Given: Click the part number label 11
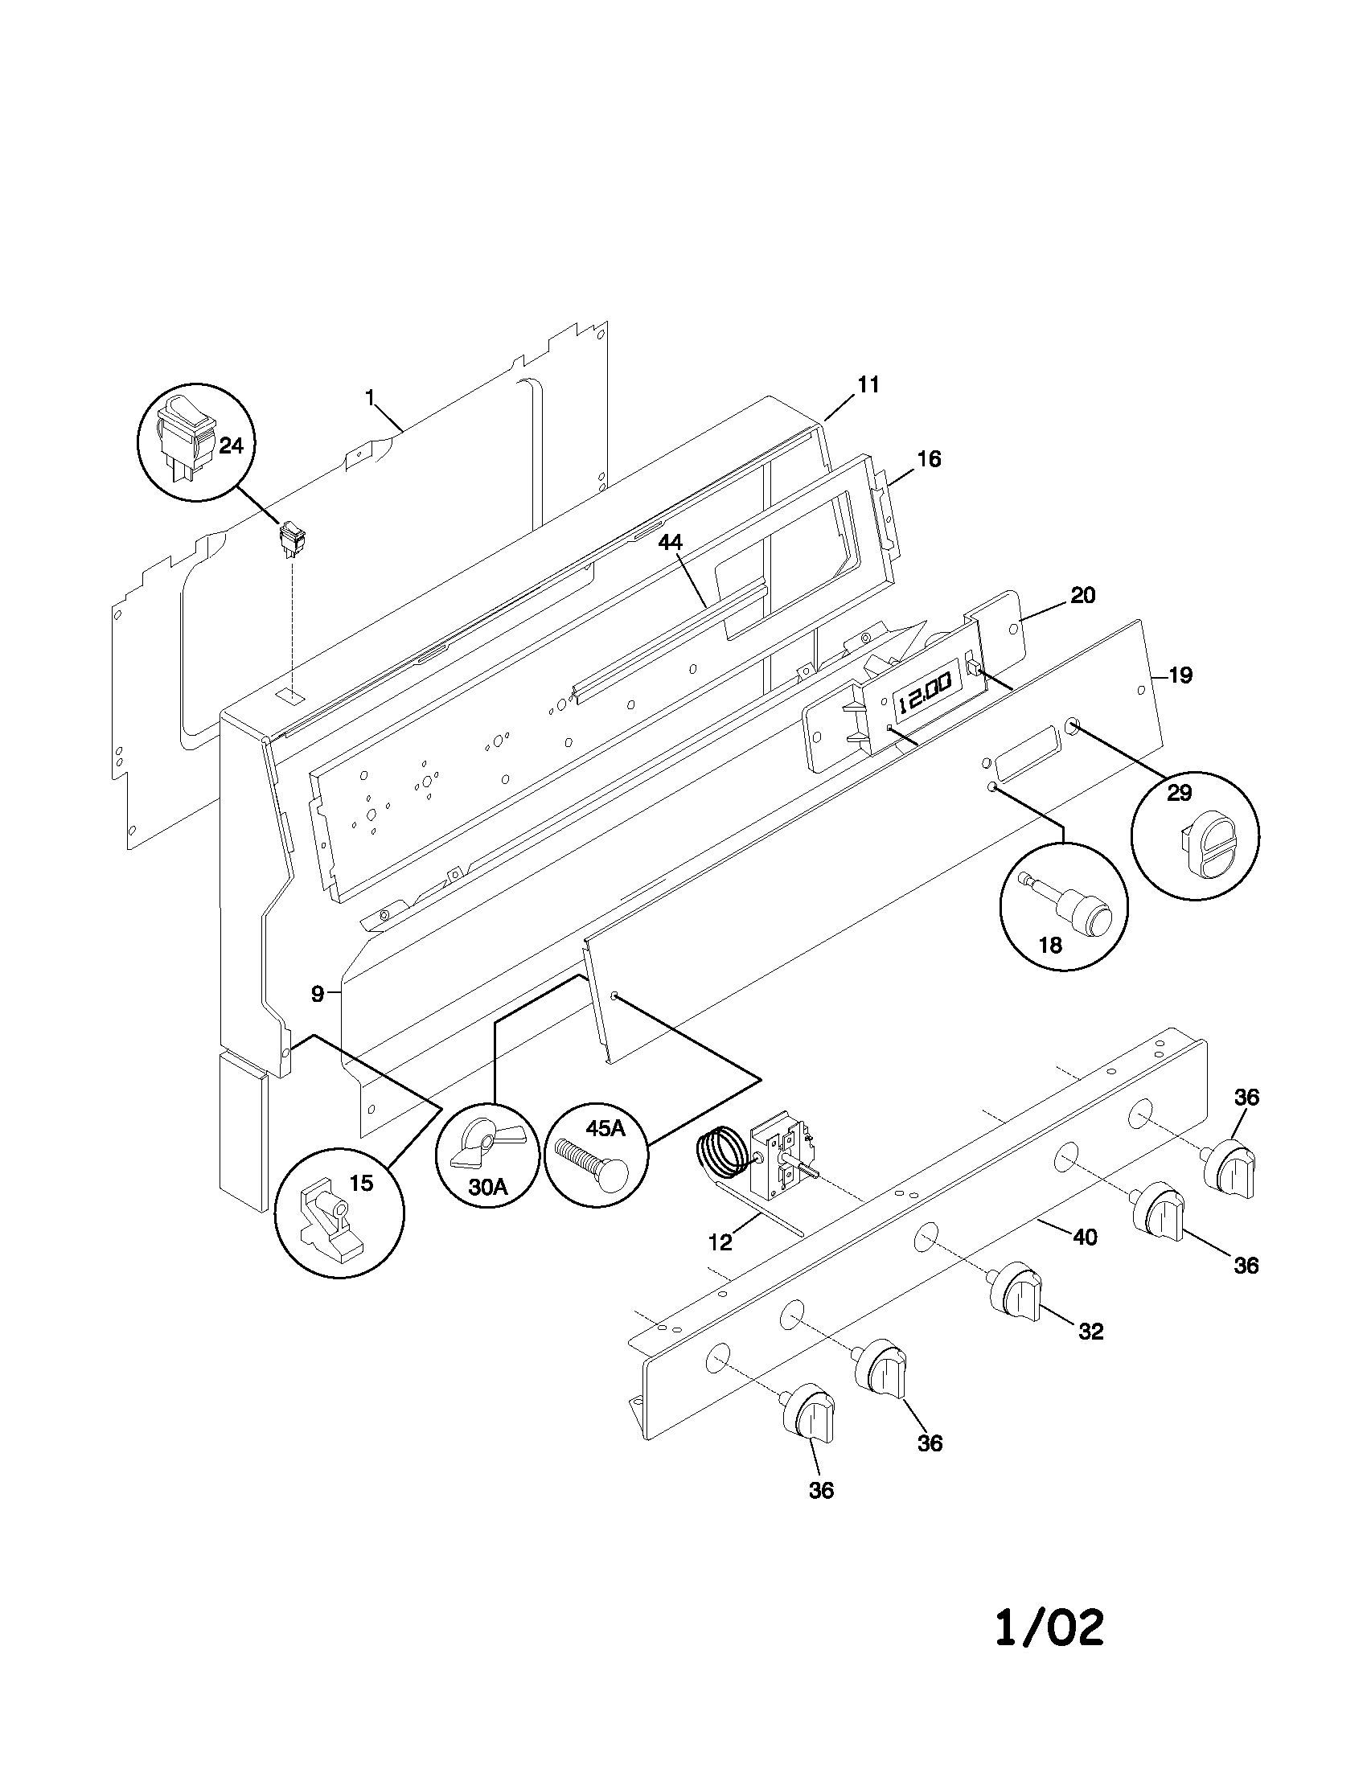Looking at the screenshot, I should [868, 384].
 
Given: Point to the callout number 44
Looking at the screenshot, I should [670, 544].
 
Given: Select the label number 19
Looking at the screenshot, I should [1180, 675].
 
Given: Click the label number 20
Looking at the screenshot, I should [1083, 595].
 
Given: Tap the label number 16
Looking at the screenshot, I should [929, 459].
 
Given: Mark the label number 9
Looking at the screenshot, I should [318, 994].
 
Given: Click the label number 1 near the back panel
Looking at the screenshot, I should [370, 397].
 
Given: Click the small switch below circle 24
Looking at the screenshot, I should [291, 540].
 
